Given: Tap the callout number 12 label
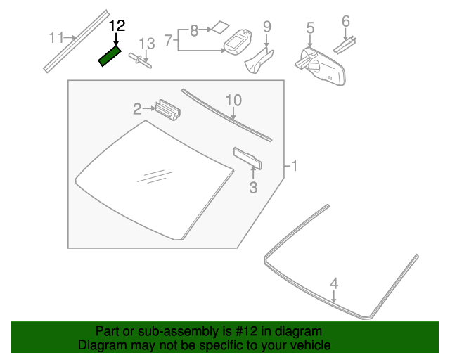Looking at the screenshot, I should click(x=117, y=26).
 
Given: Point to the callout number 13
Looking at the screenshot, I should click(x=146, y=44).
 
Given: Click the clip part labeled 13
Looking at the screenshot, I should click(x=143, y=61).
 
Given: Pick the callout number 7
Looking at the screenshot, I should click(x=169, y=41).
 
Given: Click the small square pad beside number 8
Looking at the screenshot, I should click(x=220, y=28).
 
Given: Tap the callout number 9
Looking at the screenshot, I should click(x=266, y=27).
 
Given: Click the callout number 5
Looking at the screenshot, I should click(x=310, y=28).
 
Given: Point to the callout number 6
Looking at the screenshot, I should click(x=345, y=22).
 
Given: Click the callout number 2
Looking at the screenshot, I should click(x=138, y=108).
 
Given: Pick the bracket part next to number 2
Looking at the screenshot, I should click(x=167, y=109).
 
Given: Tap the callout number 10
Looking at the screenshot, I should click(x=233, y=101).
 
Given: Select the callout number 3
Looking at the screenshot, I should click(x=253, y=187).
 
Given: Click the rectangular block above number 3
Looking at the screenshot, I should click(x=248, y=159).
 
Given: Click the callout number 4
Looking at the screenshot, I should click(x=335, y=283).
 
